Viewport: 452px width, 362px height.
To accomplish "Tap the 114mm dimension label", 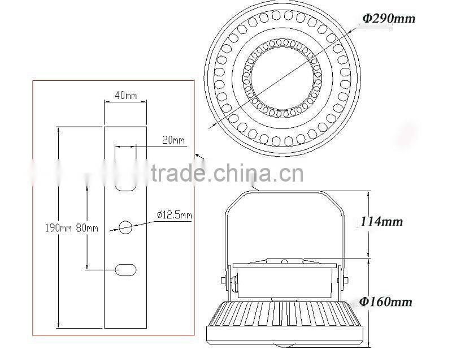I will (x=382, y=222).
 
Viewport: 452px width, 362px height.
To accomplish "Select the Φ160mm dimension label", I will (x=387, y=301).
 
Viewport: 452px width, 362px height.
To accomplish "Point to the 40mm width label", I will (x=125, y=96).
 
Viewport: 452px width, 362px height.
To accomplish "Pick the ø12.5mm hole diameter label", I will (x=174, y=215).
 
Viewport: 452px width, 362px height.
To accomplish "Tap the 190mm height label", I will (x=58, y=229).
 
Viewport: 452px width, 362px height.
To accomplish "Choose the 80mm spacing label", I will (x=87, y=229).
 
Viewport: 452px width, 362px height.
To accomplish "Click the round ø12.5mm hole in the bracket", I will (x=125, y=227).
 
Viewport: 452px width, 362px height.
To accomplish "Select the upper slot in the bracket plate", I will (x=125, y=185).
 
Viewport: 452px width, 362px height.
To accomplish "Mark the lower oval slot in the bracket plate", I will (x=125, y=270).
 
